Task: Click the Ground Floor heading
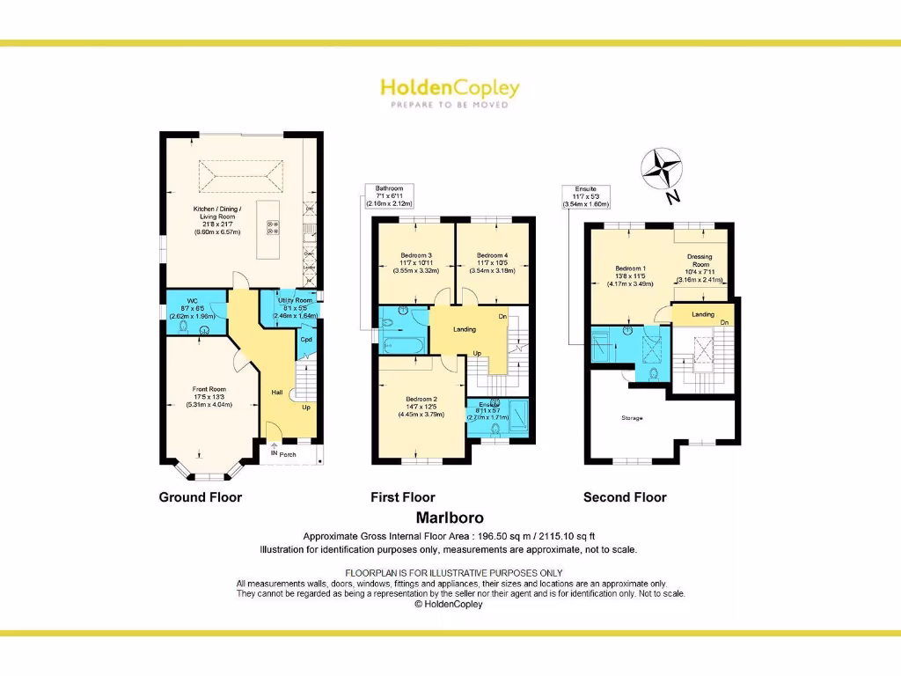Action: point(200,497)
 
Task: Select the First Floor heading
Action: point(403,497)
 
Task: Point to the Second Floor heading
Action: point(625,497)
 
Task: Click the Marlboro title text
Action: point(450,518)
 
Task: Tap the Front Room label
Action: point(209,389)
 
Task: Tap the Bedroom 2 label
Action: point(421,399)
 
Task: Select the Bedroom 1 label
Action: point(630,268)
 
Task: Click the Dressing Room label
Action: point(700,261)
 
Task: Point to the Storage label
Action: point(632,418)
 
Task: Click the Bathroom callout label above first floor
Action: point(389,188)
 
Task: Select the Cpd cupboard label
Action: point(306,339)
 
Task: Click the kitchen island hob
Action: point(273,227)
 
